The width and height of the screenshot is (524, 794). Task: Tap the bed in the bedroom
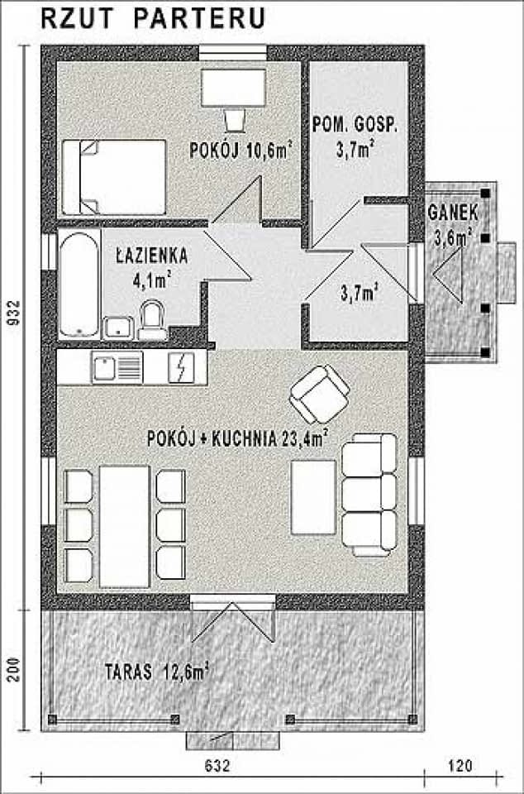pyautogui.click(x=115, y=176)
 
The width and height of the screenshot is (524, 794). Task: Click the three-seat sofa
pyautogui.click(x=369, y=495)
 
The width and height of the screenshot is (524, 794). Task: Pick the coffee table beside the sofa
pyautogui.click(x=313, y=497)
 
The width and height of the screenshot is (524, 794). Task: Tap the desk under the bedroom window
pyautogui.click(x=233, y=88)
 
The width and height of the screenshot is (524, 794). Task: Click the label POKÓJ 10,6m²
pyautogui.click(x=241, y=151)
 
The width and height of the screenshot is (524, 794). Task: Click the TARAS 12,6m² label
pyautogui.click(x=155, y=672)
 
